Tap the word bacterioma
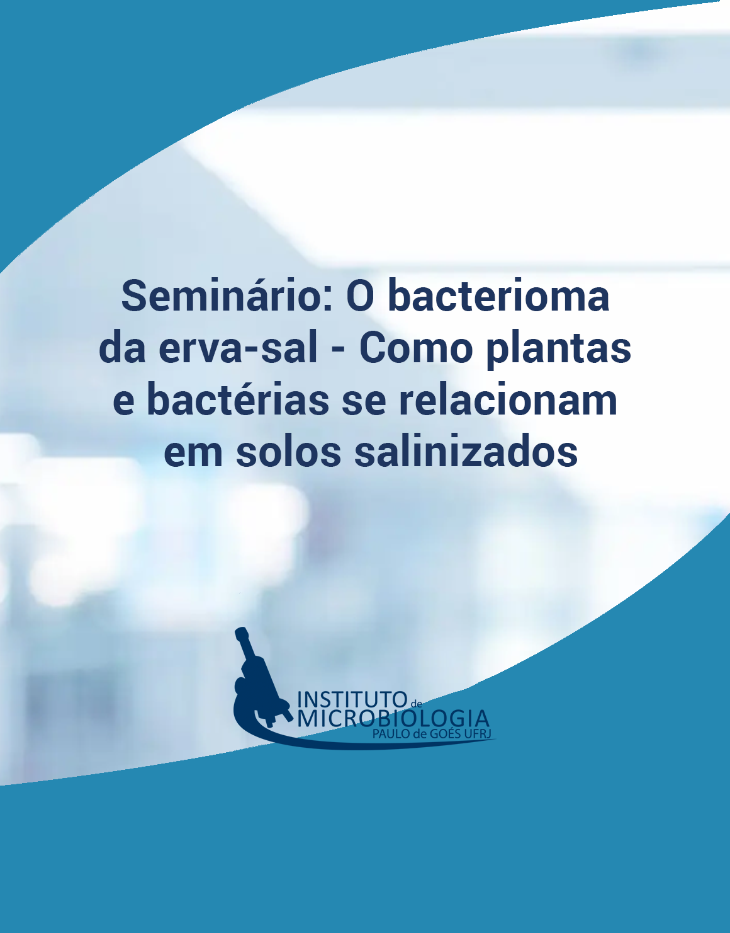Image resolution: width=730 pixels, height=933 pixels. pyautogui.click(x=498, y=296)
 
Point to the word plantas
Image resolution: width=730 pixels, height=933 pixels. pyautogui.click(x=558, y=350)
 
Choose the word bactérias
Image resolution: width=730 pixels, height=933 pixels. pyautogui.click(x=238, y=399)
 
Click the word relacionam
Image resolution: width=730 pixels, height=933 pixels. pyautogui.click(x=508, y=399)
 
